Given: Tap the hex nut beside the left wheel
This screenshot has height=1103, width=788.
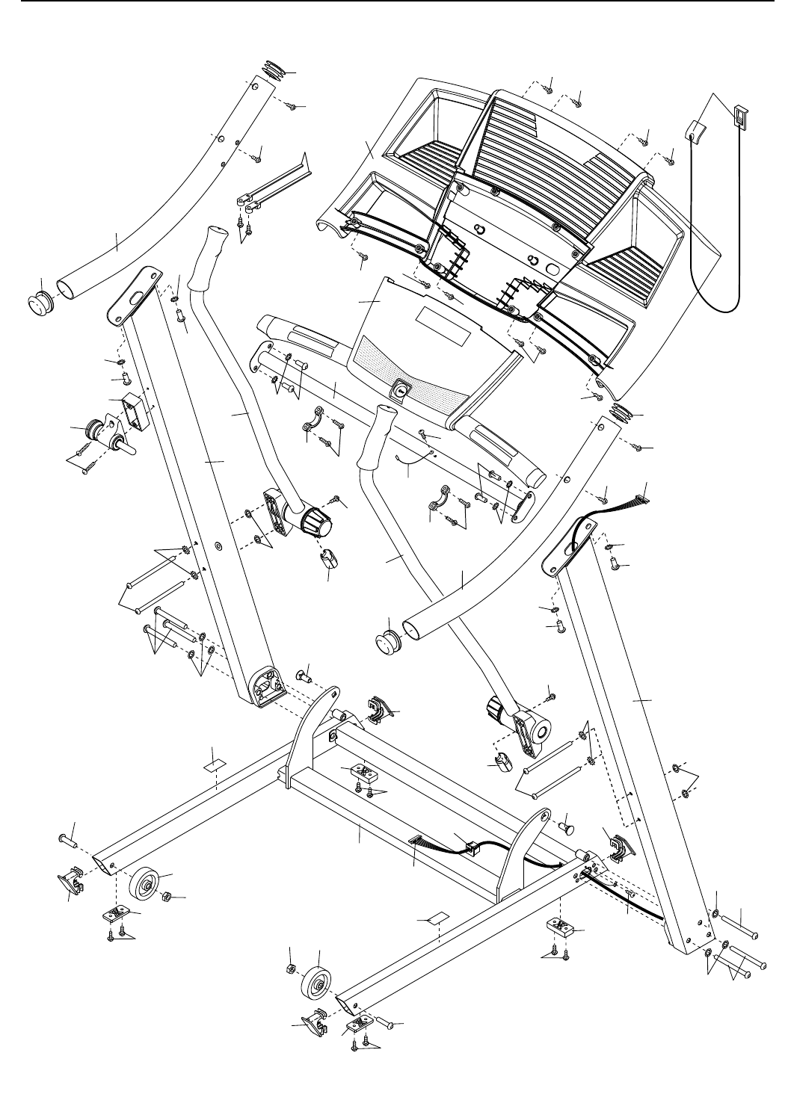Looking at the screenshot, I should pos(169,896).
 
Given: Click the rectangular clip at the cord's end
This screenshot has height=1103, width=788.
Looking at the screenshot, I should pos(740,116).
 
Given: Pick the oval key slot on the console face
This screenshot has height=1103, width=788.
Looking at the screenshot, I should pos(401,390).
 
